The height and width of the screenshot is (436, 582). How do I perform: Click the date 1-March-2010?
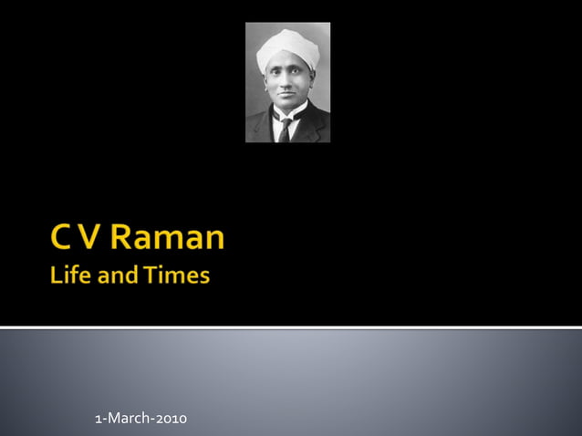[141, 419]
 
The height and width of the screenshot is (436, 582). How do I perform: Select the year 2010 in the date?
[171, 419]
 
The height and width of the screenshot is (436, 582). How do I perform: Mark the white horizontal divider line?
[291, 327]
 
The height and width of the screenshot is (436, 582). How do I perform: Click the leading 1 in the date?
[98, 419]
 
